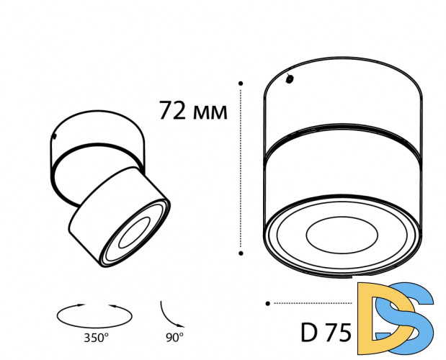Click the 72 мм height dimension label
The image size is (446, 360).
(x=192, y=111)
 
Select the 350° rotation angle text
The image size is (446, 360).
(x=97, y=337)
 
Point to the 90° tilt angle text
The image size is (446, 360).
(x=174, y=337)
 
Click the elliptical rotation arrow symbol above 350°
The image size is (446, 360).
(x=96, y=313)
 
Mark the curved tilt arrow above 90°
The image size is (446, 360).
(x=170, y=314)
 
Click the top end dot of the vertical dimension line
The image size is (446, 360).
(x=241, y=84)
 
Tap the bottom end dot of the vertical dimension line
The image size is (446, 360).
(x=241, y=252)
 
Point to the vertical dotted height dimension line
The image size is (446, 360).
(x=241, y=169)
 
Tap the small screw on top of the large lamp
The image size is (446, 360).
(x=290, y=79)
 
